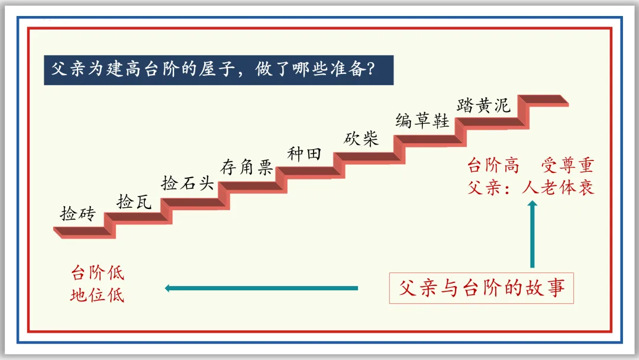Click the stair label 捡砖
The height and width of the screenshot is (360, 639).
coord(77,214)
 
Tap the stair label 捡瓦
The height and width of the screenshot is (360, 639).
coord(134,201)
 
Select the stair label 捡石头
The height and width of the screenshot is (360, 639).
coord(187,182)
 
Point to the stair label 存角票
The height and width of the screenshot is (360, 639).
coord(247,168)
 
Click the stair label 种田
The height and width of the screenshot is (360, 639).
coord(304,154)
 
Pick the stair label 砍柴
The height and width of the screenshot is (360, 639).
coord(361,139)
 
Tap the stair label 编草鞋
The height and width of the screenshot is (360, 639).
coord(422,121)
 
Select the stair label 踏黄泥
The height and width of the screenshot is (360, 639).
coord(483,105)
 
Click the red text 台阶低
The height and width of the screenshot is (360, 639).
coord(98,274)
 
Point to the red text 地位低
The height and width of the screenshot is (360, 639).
coord(98,294)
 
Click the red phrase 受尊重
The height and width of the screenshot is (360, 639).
coord(567,165)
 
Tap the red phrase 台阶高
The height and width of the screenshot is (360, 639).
coord(493,165)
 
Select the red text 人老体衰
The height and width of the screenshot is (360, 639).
coord(558,188)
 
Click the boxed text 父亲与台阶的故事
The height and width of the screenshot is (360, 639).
coord(482,288)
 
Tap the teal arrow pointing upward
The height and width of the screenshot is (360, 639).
coord(532,234)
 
